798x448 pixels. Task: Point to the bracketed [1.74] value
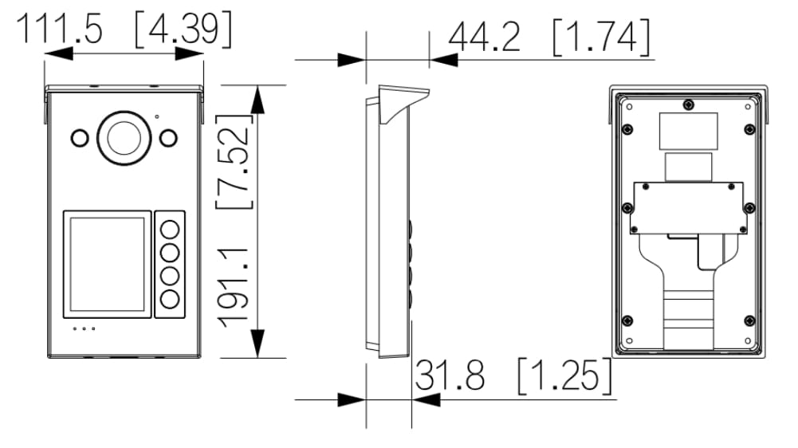[599, 37]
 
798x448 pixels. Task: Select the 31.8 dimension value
[451, 375]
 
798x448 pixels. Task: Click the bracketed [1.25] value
[565, 375]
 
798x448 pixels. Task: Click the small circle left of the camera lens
[80, 138]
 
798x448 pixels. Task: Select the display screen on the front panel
[107, 263]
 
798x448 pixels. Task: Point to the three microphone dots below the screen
[85, 328]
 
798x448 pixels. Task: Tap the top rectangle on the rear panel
[688, 130]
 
